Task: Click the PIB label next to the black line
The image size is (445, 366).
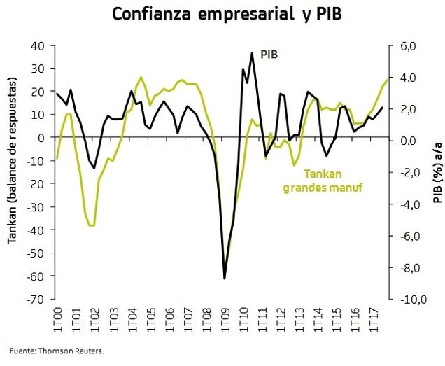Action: [x=270, y=54]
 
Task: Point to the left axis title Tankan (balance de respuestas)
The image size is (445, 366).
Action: [x=13, y=172]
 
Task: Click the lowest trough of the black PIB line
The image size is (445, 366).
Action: [x=225, y=279]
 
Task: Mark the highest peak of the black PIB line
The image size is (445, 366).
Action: [x=252, y=53]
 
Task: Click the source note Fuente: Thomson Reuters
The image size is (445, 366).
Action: [x=57, y=351]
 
